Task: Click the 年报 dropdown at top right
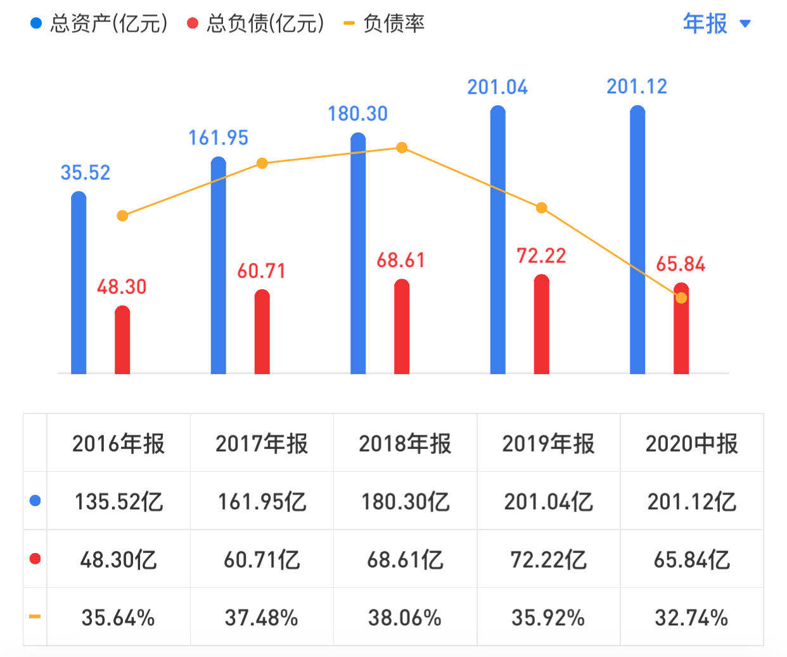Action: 716,24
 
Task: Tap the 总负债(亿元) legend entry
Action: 257,24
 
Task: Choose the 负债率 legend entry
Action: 384,24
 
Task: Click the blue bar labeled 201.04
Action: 498,241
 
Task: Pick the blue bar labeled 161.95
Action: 218,266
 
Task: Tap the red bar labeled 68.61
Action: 402,327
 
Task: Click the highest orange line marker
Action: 402,148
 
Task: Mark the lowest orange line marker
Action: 681,298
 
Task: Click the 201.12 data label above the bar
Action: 637,86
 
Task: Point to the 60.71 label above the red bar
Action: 261,271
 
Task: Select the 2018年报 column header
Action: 405,443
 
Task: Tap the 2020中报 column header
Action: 691,443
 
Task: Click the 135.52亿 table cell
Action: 118,502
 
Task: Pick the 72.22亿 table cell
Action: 548,559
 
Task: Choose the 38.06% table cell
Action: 405,618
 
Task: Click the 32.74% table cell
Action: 691,618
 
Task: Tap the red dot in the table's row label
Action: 35,559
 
